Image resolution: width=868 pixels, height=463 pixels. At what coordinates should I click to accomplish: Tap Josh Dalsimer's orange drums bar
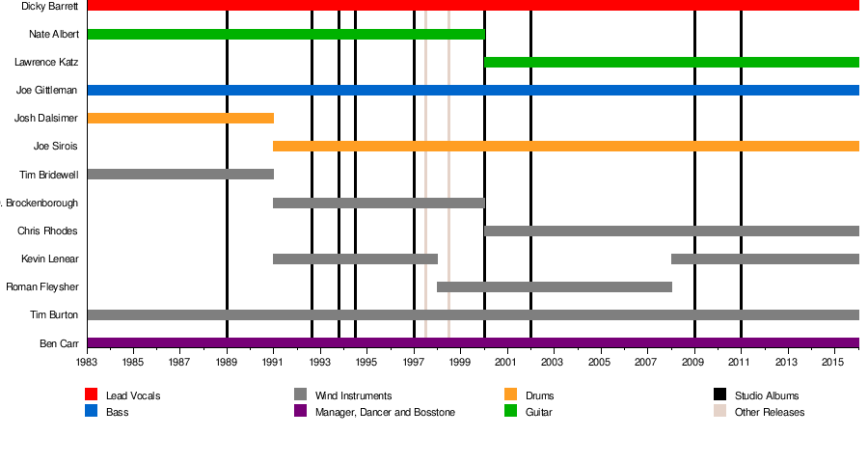[x=180, y=118]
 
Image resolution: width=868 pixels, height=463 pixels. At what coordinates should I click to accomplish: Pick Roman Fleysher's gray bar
[x=555, y=286]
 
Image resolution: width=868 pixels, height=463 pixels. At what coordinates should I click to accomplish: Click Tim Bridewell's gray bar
[x=180, y=175]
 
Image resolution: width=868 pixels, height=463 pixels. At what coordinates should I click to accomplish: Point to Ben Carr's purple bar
[x=473, y=342]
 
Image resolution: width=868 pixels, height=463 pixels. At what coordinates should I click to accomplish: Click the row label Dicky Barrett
[x=49, y=6]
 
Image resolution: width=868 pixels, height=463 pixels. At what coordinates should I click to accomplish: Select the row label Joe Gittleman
[x=47, y=91]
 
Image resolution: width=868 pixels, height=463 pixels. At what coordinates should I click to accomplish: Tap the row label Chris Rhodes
[x=47, y=231]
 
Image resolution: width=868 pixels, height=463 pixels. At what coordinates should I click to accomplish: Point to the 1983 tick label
[x=87, y=362]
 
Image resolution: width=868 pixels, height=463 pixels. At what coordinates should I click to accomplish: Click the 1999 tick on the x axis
[x=461, y=362]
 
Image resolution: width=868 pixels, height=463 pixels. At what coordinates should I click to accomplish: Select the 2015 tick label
[x=834, y=362]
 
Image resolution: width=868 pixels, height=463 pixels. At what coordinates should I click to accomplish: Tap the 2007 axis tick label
[x=647, y=362]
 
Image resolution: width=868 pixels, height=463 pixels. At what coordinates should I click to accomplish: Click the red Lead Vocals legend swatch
[x=92, y=395]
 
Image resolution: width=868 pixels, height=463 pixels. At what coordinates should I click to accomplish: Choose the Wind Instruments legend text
[x=353, y=395]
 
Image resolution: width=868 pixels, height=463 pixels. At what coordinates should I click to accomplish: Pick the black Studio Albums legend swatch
[x=720, y=395]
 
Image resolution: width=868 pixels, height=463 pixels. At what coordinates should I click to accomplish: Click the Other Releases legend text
[x=769, y=412]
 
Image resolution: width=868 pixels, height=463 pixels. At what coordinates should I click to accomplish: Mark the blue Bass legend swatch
[x=92, y=411]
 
